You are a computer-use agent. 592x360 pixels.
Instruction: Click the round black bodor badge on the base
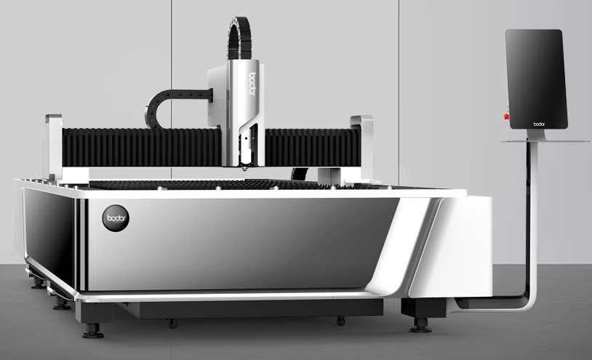(116, 218)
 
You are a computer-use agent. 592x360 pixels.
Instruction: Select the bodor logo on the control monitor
(538, 124)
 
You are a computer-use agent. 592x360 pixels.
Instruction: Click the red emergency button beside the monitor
(506, 116)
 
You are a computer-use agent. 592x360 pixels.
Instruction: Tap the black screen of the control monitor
(536, 79)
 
